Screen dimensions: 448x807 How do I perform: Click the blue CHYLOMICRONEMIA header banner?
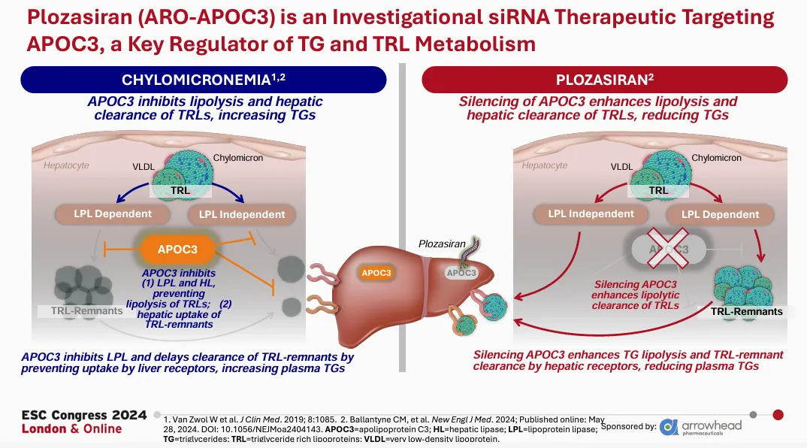coord(203,80)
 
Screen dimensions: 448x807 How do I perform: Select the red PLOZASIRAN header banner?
coord(605,80)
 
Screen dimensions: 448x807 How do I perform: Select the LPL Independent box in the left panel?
coord(242,214)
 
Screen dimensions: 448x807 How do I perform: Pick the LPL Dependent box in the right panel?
coord(721,214)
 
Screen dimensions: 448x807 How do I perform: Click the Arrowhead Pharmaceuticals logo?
coord(700,426)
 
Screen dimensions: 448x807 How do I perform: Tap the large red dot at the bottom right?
coord(778,414)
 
